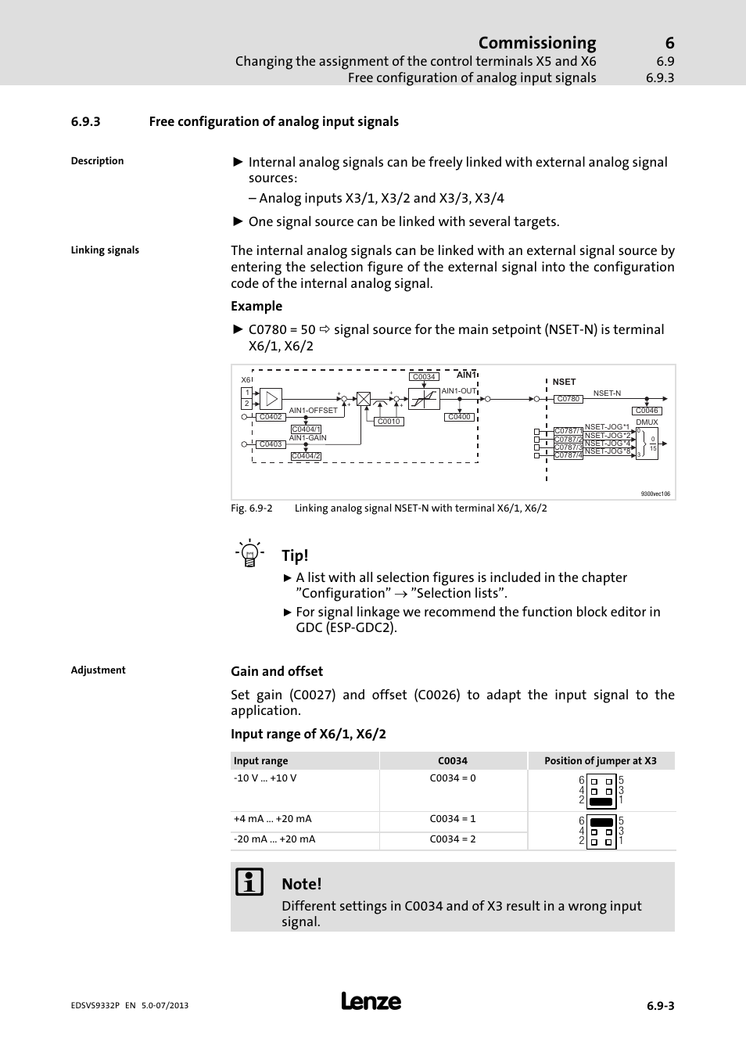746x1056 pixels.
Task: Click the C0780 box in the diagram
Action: click(x=568, y=399)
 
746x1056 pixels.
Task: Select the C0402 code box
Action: click(x=271, y=417)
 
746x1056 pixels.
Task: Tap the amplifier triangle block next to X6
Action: click(x=271, y=399)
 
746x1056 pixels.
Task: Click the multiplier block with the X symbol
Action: click(x=364, y=399)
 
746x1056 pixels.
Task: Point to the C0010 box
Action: click(x=389, y=422)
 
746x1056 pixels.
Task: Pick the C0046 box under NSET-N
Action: click(x=647, y=411)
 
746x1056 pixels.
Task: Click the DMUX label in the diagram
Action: click(x=647, y=422)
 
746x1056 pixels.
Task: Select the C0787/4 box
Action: click(x=568, y=455)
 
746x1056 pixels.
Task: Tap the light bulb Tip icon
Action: click(x=249, y=553)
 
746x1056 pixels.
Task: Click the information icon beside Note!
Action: click(x=249, y=882)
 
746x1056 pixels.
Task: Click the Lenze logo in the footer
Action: click(x=371, y=1002)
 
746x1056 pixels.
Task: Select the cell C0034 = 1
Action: click(x=453, y=819)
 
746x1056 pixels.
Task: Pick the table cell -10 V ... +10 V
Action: click(x=265, y=778)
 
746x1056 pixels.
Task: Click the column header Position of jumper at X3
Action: click(x=600, y=761)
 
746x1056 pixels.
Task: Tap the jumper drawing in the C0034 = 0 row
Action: click(x=601, y=791)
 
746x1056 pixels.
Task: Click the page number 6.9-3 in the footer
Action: click(x=660, y=1006)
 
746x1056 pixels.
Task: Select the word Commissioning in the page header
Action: click(x=536, y=43)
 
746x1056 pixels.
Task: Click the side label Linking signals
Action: click(x=105, y=250)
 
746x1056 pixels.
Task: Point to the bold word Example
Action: click(x=256, y=307)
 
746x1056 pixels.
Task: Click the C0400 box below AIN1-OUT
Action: click(x=459, y=417)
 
